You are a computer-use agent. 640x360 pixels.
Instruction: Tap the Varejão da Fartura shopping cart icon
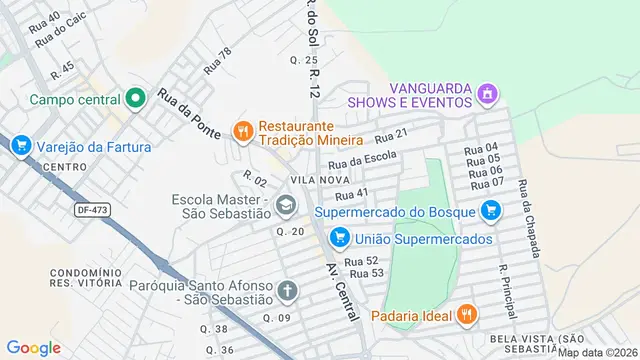pos(21,147)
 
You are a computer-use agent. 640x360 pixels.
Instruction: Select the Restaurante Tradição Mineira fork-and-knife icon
pos(241,130)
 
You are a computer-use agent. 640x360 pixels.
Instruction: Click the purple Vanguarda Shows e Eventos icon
pos(487,95)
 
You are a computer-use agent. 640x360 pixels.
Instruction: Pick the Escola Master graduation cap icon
pos(287,205)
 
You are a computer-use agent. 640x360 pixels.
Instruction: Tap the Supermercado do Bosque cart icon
pos(489,211)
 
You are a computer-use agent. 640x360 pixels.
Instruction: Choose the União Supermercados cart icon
pos(340,238)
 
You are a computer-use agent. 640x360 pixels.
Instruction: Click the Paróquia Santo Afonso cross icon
pos(287,291)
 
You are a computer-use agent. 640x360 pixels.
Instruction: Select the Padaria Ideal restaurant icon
pos(466,316)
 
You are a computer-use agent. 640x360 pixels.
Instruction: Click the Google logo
pos(33,347)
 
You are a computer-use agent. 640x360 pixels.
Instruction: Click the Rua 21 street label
pos(393,136)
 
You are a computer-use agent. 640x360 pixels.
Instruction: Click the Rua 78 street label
pos(217,62)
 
